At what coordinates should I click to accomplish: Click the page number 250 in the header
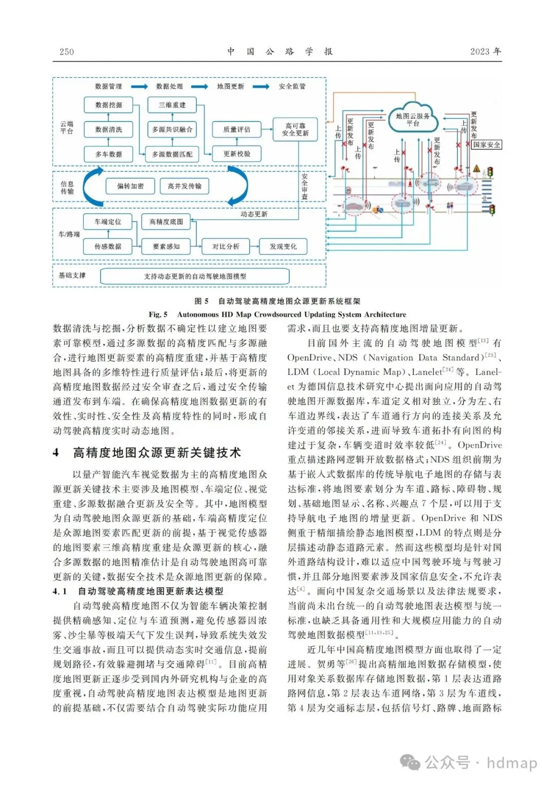click(67, 52)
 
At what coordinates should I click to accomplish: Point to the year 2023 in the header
click(480, 51)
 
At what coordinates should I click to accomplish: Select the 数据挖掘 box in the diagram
click(108, 105)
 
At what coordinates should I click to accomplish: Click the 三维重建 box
click(172, 105)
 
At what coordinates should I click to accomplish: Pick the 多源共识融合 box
click(172, 130)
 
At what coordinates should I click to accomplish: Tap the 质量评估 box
click(236, 130)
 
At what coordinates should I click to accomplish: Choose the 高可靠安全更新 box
click(295, 130)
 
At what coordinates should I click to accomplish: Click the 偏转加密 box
click(131, 186)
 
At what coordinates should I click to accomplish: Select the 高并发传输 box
click(184, 186)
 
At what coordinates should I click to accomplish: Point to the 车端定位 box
click(108, 222)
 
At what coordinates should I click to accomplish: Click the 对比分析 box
click(226, 247)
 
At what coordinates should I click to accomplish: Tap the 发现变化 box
click(283, 247)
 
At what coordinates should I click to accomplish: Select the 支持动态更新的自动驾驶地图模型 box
click(195, 277)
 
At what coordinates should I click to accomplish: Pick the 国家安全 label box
click(487, 145)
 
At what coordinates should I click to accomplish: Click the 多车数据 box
click(108, 154)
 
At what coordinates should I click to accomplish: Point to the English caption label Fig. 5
click(158, 315)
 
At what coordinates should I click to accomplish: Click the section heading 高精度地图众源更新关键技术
click(157, 453)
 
